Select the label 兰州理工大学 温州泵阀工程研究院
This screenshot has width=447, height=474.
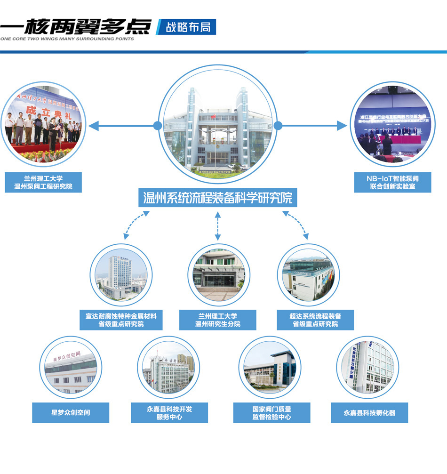tap(43, 183)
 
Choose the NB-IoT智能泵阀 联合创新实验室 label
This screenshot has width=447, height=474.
tap(392, 183)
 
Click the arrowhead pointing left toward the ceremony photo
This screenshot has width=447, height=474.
tap(94, 125)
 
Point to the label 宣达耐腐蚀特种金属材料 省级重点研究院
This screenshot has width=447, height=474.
tap(121, 320)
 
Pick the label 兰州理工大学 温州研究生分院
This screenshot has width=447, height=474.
tap(217, 320)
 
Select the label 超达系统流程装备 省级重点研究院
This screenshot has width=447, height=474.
tap(315, 320)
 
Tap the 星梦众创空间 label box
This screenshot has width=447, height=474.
tap(71, 413)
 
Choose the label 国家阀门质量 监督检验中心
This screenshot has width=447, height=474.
tap(272, 413)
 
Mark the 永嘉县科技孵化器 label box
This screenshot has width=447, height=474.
tap(369, 413)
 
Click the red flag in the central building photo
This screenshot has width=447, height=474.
tap(213, 116)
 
